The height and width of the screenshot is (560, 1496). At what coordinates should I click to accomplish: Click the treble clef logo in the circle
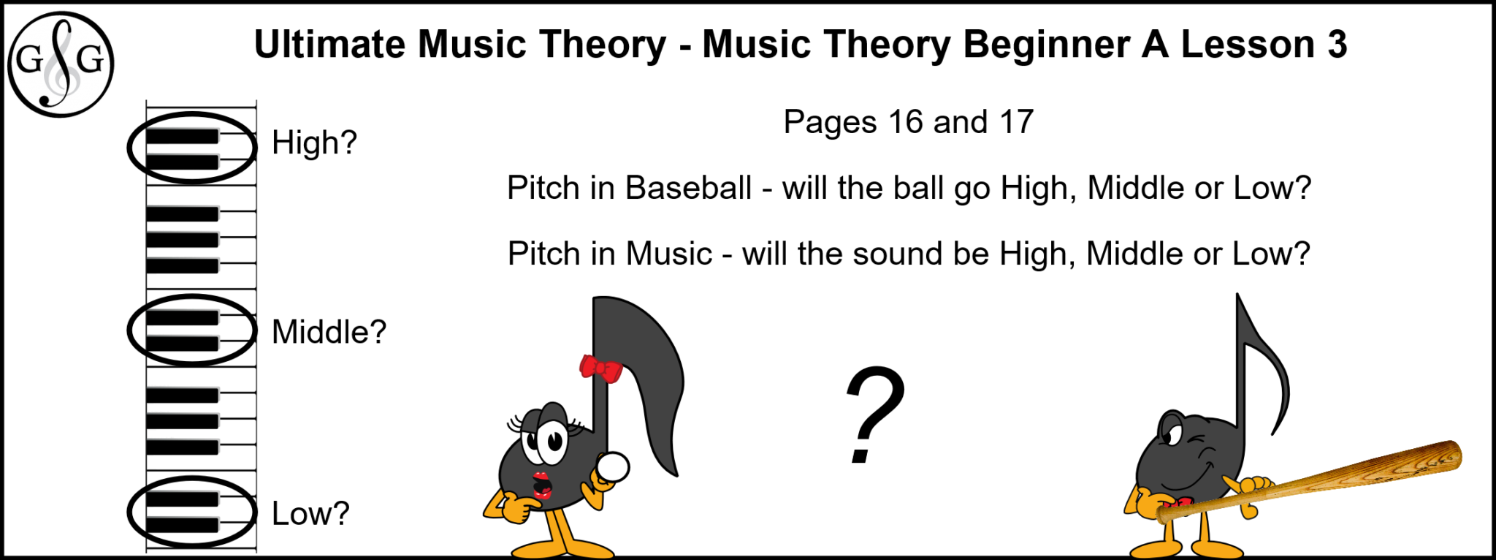click(x=61, y=64)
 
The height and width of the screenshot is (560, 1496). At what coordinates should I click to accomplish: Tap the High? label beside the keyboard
click(x=314, y=143)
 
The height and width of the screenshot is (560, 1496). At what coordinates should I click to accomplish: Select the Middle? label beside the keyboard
click(x=329, y=332)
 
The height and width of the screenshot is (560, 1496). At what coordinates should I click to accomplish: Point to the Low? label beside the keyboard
click(x=310, y=514)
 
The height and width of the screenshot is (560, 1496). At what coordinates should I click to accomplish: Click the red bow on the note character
click(x=600, y=368)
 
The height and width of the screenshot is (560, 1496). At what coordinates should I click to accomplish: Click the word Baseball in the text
click(x=688, y=188)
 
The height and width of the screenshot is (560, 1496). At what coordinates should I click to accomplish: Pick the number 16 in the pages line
click(x=906, y=122)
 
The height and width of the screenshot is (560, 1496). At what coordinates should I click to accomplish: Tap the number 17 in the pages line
click(x=1016, y=122)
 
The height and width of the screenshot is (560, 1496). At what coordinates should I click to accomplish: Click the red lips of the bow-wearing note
click(x=541, y=485)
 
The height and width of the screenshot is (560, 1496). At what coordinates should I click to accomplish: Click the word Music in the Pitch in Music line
click(x=668, y=254)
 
